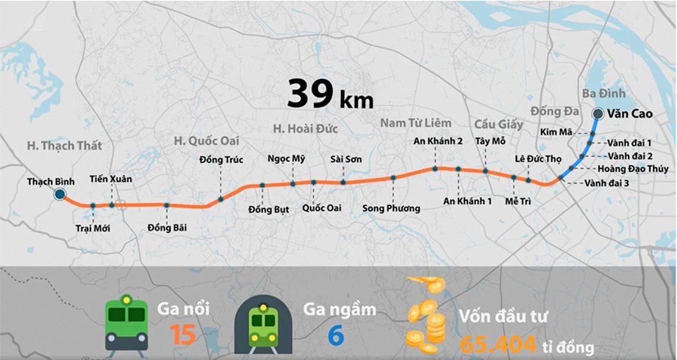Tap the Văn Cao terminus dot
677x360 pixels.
tap(597, 114)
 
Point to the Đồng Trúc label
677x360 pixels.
tap(221, 159)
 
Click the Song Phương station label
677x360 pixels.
tap(392, 209)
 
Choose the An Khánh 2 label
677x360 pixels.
tap(438, 141)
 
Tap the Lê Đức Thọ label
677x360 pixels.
tap(538, 159)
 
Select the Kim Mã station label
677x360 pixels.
tap(556, 132)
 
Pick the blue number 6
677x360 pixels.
tap(336, 335)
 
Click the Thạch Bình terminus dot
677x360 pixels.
tap(60, 194)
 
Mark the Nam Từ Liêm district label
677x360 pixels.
tap(415, 123)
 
